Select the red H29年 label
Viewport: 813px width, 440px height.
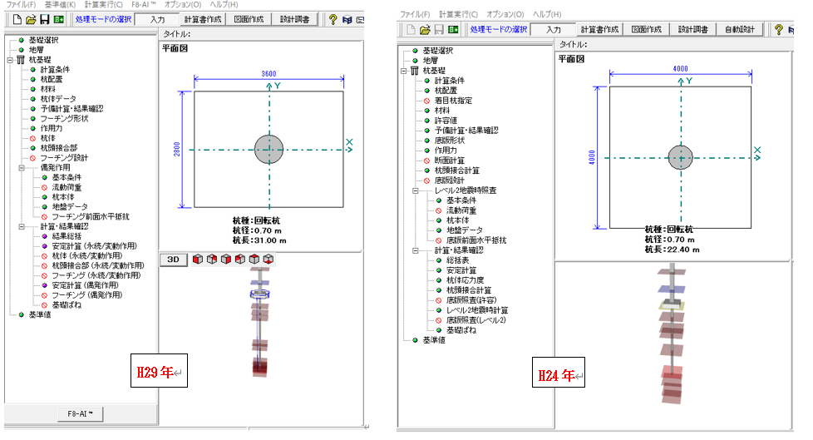point(155,373)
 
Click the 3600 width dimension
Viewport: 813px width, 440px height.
point(269,74)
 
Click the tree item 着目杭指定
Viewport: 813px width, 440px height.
point(454,100)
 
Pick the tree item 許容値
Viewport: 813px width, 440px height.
point(446,121)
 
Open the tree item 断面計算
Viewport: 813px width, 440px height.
point(450,161)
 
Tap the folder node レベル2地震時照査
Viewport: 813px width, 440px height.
point(471,190)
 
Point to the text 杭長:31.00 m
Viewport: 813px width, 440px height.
point(259,240)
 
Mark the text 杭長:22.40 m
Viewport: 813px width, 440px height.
point(673,249)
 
